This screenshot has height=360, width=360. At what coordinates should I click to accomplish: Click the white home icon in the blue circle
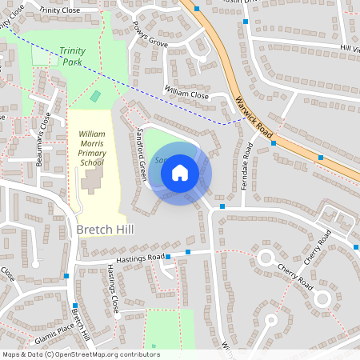(179, 172)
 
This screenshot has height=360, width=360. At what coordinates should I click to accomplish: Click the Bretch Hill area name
(105, 230)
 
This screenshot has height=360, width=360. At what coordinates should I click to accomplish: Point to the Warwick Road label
(254, 117)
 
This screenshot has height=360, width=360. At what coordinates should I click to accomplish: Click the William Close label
(186, 93)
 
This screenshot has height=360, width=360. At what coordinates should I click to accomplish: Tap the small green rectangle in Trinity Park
(96, 96)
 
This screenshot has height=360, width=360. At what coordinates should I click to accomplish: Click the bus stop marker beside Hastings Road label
(188, 253)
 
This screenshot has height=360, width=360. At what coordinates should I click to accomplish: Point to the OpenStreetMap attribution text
(80, 354)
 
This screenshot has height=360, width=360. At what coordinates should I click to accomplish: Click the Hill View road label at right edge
(350, 49)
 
